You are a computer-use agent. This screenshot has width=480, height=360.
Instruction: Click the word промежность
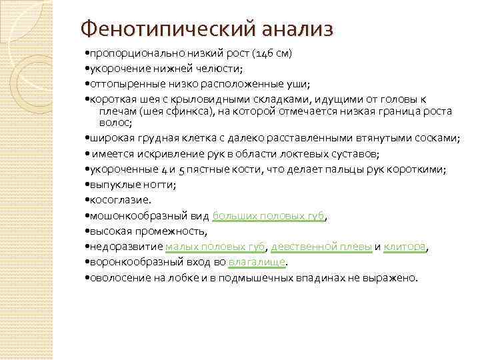[x=172, y=231]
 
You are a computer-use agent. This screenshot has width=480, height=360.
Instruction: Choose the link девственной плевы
[x=321, y=247]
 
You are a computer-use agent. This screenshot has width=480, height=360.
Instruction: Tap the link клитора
[x=405, y=247]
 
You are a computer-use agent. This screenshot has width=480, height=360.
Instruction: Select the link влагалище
[x=257, y=262]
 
